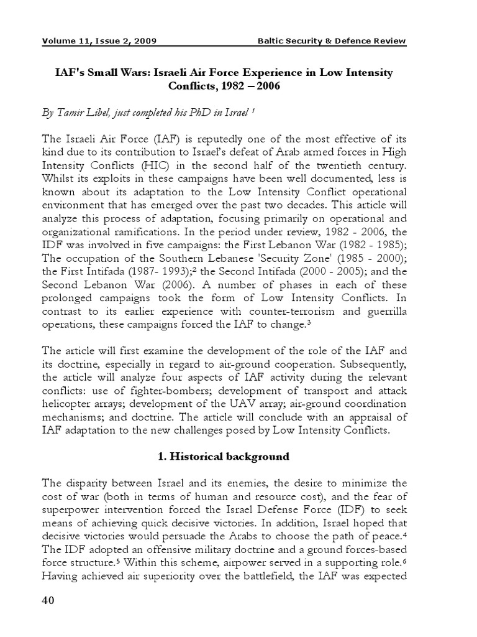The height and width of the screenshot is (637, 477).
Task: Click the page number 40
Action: tap(49, 600)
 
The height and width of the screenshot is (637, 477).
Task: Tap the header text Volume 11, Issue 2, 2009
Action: tap(99, 42)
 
